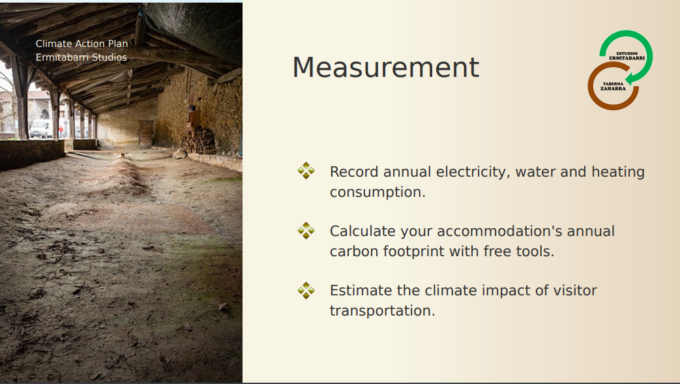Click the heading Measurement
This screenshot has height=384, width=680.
(x=385, y=67)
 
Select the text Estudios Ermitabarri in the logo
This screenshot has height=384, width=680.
(x=627, y=56)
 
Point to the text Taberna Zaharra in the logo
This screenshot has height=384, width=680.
(x=613, y=86)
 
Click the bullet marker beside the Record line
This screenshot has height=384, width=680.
(x=306, y=171)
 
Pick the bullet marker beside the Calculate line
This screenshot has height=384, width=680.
(x=306, y=230)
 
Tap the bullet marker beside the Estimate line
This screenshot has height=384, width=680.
(x=306, y=290)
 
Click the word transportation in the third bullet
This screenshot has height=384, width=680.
(x=380, y=311)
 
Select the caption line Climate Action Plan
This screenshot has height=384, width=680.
(x=81, y=44)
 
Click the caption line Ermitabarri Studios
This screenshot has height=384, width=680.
(x=81, y=57)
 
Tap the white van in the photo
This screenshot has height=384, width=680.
(x=41, y=129)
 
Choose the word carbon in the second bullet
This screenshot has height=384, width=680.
(x=354, y=252)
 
